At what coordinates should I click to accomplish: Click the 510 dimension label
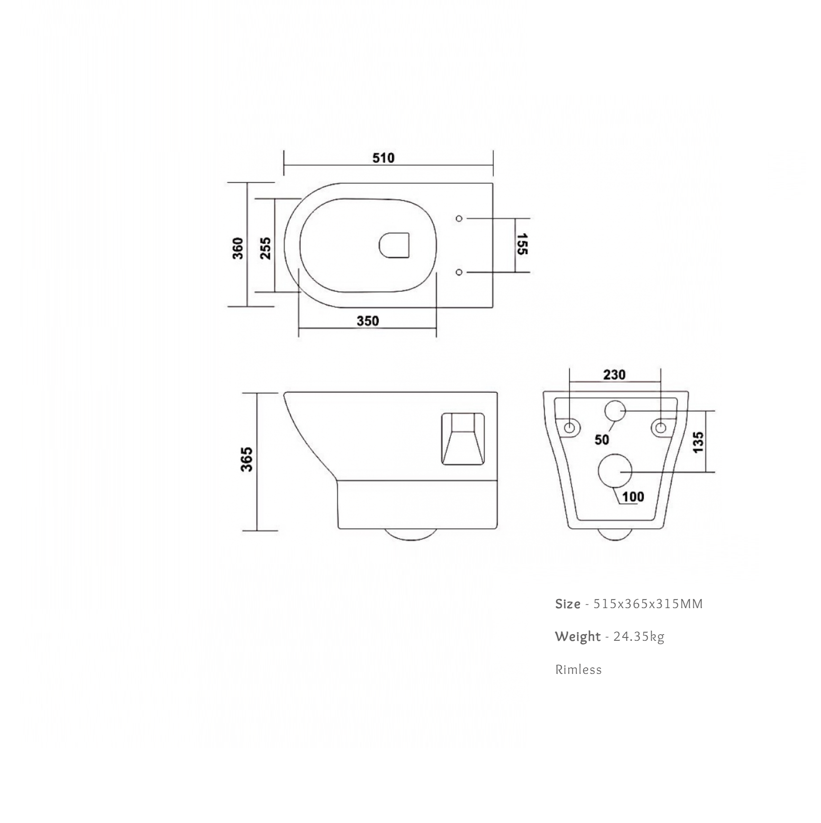(x=383, y=158)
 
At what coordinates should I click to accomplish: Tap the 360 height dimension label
(x=238, y=248)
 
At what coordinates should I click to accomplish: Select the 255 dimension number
(x=266, y=248)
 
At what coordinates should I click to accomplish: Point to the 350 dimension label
(x=367, y=321)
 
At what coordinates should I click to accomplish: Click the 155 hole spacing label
(x=522, y=244)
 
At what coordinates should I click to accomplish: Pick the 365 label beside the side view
(x=247, y=459)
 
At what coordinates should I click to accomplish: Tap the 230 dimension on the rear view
(x=614, y=375)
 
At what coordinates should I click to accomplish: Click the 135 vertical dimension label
(x=698, y=442)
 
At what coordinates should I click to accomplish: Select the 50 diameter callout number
(x=602, y=440)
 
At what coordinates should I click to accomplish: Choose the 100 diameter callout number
(x=633, y=496)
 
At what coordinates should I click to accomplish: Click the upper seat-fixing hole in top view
(x=459, y=218)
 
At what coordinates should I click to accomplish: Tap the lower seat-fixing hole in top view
(x=459, y=272)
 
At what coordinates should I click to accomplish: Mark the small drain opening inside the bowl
(x=394, y=245)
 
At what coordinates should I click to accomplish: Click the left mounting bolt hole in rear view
(x=570, y=428)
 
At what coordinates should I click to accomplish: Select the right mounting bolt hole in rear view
(x=660, y=428)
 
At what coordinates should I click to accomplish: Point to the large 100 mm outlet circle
(x=615, y=471)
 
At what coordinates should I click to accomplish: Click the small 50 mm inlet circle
(x=615, y=411)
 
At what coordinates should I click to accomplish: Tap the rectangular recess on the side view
(x=463, y=439)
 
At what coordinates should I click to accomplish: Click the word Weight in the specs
(x=578, y=637)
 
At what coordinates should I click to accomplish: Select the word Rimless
(x=578, y=670)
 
